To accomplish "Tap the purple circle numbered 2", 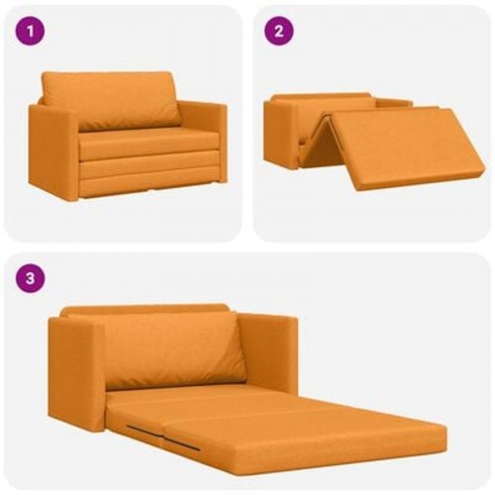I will click(x=280, y=31).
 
